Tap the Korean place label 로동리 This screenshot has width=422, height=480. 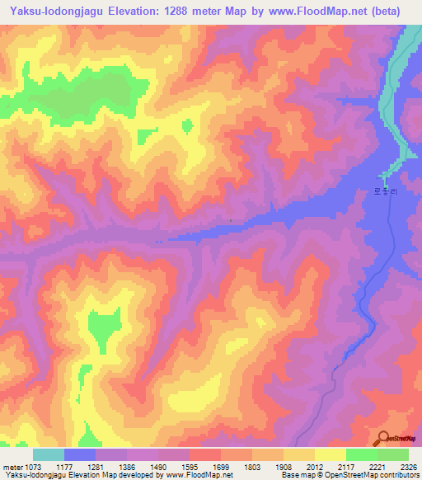pyautogui.click(x=385, y=191)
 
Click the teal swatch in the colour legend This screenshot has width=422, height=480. pyautogui.click(x=49, y=454)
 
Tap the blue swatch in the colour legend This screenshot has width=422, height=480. pyautogui.click(x=80, y=454)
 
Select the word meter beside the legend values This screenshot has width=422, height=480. pyautogui.click(x=12, y=466)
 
